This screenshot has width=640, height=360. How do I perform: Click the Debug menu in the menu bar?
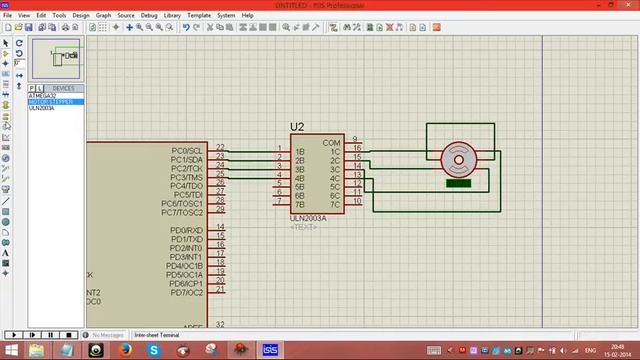(x=149, y=16)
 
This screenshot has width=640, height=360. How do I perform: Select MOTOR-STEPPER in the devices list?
(x=50, y=102)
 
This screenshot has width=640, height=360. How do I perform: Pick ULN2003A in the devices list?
(x=41, y=108)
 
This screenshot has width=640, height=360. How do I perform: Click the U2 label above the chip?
(x=297, y=127)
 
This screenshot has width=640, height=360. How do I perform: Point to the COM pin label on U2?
(x=331, y=143)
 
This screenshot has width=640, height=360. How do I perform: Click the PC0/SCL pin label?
(x=187, y=151)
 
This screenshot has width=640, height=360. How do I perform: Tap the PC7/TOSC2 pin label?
(x=182, y=212)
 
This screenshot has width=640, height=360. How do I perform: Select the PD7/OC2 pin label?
(x=186, y=293)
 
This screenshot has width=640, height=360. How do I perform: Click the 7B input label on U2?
(x=299, y=203)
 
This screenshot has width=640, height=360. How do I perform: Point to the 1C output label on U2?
(x=335, y=152)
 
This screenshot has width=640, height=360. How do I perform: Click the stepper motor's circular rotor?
(x=458, y=157)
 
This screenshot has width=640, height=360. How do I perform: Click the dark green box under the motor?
(x=458, y=182)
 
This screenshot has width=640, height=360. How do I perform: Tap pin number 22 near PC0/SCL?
(x=220, y=147)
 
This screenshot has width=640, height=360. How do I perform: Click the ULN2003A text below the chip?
(x=308, y=218)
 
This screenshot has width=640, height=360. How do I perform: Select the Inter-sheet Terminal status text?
(x=155, y=335)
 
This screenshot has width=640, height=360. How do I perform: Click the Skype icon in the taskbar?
(x=155, y=350)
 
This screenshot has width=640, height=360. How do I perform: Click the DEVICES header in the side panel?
(x=63, y=88)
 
